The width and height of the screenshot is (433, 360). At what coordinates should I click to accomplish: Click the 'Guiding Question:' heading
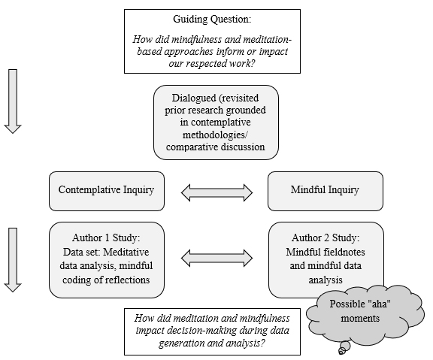pyautogui.click(x=212, y=19)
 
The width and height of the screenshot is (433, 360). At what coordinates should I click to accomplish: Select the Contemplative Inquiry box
pyautogui.click(x=107, y=191)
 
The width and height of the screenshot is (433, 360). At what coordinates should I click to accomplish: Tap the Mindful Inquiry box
pyautogui.click(x=326, y=191)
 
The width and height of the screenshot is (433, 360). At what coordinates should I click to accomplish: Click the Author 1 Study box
pyautogui.click(x=107, y=260)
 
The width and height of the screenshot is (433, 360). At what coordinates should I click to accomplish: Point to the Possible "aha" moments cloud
pyautogui.click(x=365, y=315)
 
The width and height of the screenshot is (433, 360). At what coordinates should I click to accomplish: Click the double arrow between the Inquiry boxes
pyautogui.click(x=216, y=192)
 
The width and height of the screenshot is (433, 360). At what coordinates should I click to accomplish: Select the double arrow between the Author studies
pyautogui.click(x=216, y=258)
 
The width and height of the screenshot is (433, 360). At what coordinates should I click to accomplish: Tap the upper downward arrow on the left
pyautogui.click(x=13, y=101)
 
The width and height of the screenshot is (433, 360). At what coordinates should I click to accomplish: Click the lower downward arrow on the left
pyautogui.click(x=13, y=260)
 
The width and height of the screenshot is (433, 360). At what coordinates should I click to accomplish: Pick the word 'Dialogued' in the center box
pyautogui.click(x=194, y=98)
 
